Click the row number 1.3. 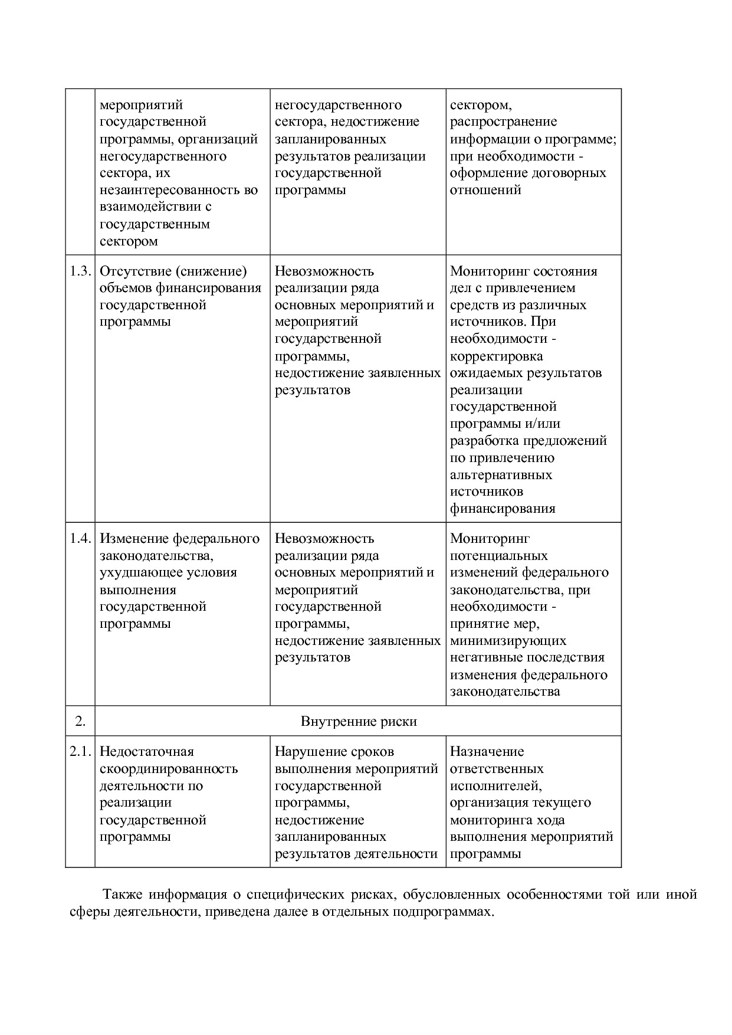point(80,271)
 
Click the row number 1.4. point(80,538)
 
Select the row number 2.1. point(80,751)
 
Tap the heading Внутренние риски point(358,721)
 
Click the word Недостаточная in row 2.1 point(146,751)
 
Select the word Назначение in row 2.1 point(487,751)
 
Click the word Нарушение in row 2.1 point(310,751)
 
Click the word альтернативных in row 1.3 point(501,474)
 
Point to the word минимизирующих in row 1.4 point(508,640)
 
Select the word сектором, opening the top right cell point(480,105)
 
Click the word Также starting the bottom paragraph point(122,894)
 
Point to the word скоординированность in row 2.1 point(169,768)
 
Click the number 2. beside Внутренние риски point(80,721)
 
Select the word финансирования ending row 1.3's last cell point(503,508)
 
